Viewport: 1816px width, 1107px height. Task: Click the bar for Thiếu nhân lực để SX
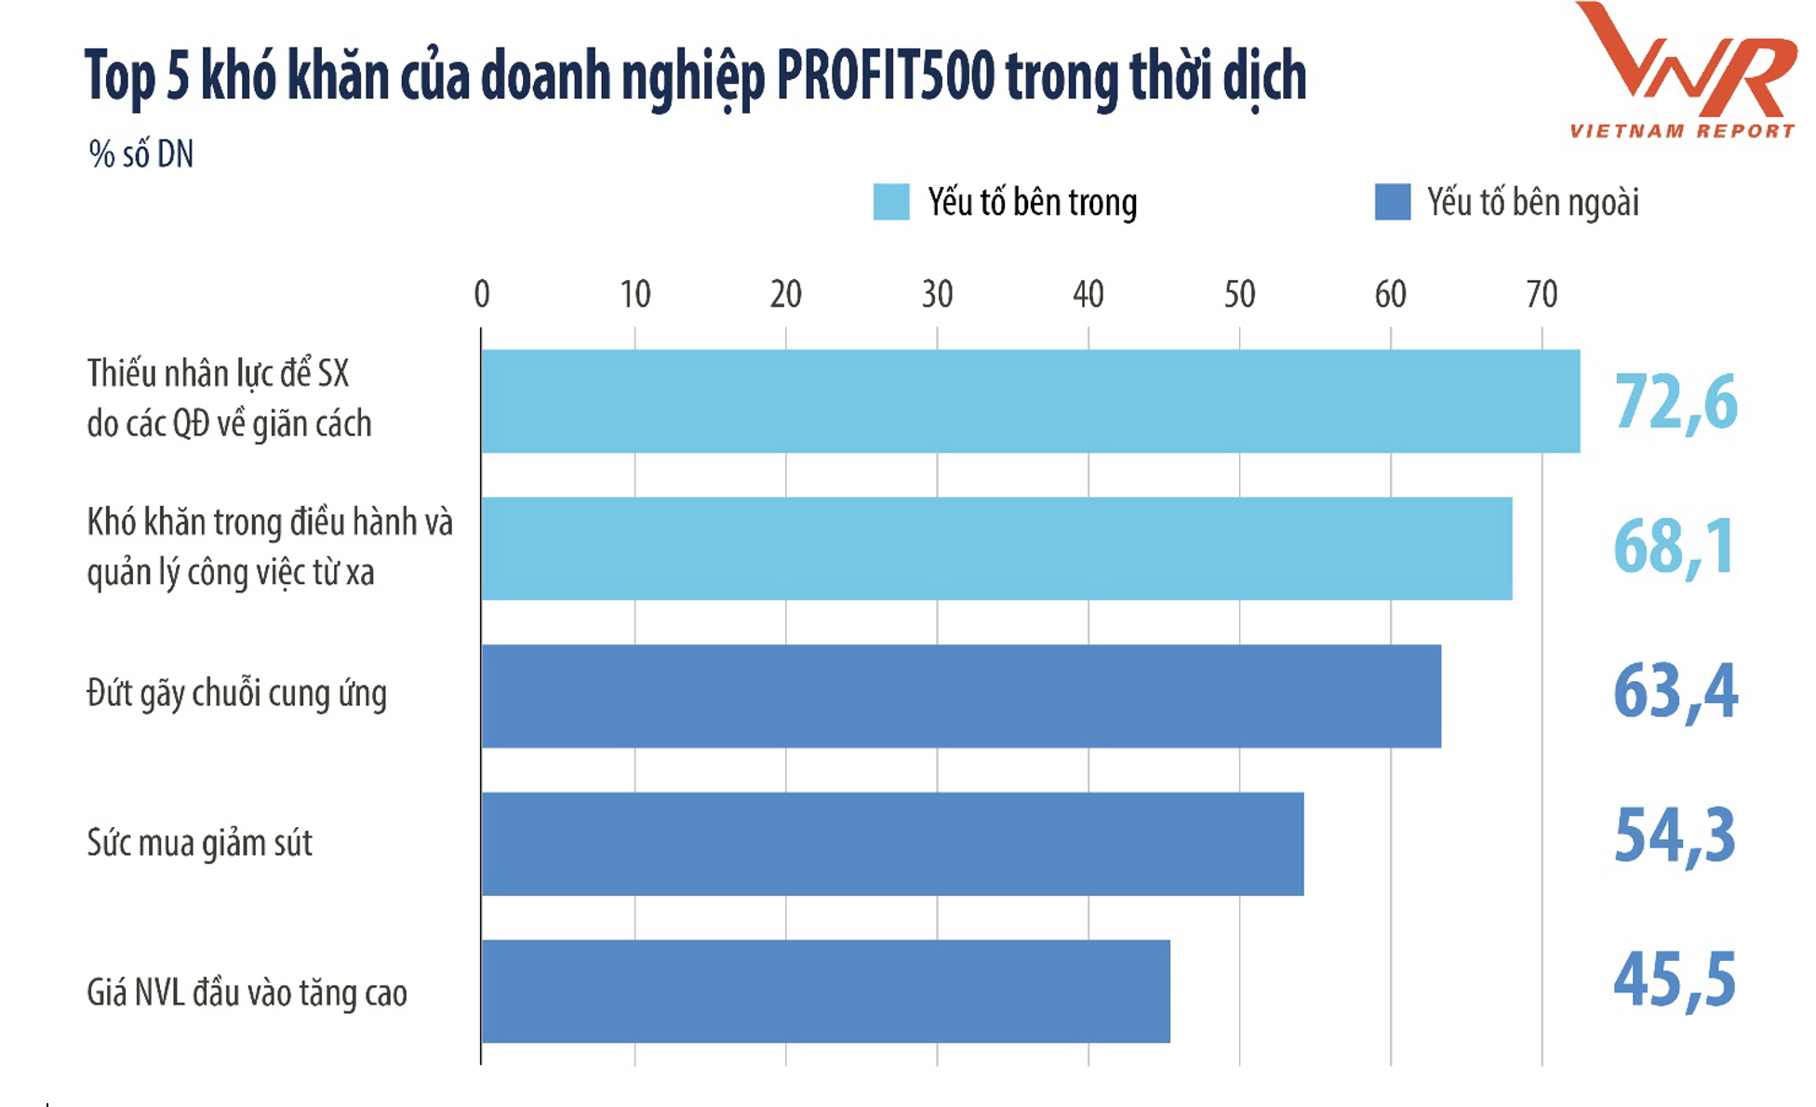(x=1030, y=401)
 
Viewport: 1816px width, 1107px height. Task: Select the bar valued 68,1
(x=995, y=548)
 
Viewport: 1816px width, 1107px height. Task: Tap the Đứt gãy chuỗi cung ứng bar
(x=960, y=696)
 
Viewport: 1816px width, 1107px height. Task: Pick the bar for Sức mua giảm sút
(x=891, y=844)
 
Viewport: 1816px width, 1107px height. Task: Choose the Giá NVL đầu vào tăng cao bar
(x=824, y=991)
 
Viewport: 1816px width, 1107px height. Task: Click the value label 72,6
(x=1676, y=402)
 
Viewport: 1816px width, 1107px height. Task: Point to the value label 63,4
(x=1675, y=692)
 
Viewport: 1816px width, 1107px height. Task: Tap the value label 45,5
(x=1675, y=980)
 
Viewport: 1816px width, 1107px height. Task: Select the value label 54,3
(x=1675, y=835)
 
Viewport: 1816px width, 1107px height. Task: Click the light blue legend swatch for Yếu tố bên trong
(x=890, y=202)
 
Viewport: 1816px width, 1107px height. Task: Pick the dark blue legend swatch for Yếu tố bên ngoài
(x=1392, y=202)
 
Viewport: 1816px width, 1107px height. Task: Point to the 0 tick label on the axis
(x=481, y=294)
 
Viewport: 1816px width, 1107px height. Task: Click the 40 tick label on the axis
(x=1088, y=294)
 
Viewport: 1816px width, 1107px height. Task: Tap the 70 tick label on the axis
(x=1542, y=294)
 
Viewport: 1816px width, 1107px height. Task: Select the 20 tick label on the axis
(x=785, y=294)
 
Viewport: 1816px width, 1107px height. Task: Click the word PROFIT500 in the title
(x=885, y=76)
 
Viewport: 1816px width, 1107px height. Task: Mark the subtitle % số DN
(x=141, y=154)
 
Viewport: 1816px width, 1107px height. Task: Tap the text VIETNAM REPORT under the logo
(x=1682, y=131)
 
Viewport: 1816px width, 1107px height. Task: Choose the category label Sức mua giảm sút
(x=199, y=844)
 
